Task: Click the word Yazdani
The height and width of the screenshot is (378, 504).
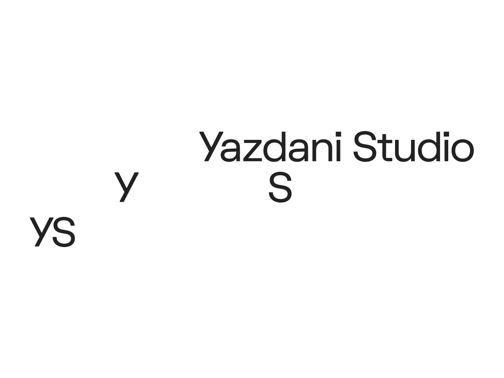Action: [270, 146]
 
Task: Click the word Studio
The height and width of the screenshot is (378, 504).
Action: [414, 146]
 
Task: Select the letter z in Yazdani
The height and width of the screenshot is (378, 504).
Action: [253, 151]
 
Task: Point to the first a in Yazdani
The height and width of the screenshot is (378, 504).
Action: [230, 151]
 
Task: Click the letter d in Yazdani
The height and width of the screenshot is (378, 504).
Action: [274, 147]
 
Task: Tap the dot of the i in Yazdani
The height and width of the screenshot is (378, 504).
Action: [338, 134]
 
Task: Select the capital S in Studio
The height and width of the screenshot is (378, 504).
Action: [365, 146]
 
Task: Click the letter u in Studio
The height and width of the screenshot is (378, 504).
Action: [404, 151]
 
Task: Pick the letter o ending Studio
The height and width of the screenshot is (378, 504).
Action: [462, 151]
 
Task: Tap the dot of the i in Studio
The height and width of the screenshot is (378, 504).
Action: [446, 134]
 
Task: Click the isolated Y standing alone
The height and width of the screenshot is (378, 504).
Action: [127, 187]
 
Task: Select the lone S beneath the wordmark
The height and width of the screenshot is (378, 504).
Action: [280, 187]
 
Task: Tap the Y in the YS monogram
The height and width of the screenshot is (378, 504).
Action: [42, 232]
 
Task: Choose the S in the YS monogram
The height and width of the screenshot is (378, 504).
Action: [64, 232]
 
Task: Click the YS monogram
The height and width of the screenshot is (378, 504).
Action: [52, 232]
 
